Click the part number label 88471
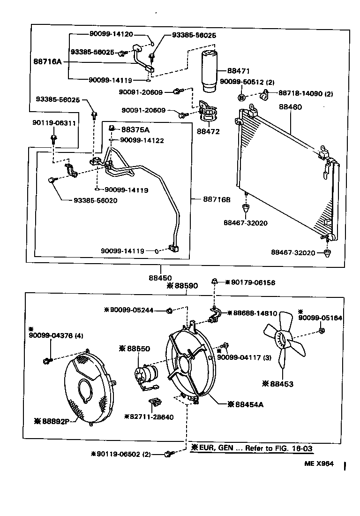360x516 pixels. [239, 71]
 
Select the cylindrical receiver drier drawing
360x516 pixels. [210, 71]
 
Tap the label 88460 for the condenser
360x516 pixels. [291, 107]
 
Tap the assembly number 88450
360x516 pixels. [161, 271]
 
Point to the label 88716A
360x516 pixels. [48, 61]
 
